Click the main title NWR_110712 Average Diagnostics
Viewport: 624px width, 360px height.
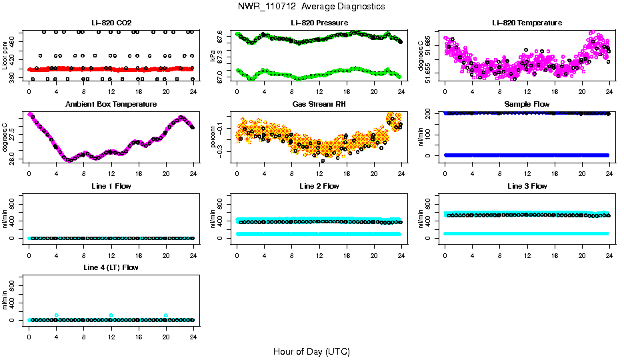[x=311, y=7]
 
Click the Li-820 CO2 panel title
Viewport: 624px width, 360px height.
[x=111, y=23]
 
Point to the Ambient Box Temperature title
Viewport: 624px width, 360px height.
[x=111, y=105]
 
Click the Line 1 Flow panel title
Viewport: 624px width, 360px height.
[x=111, y=186]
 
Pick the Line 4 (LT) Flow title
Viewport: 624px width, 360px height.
[x=111, y=267]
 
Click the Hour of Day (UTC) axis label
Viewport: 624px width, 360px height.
[x=311, y=351]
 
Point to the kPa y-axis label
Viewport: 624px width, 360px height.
[x=213, y=57]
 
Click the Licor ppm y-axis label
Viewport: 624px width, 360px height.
[x=5, y=57]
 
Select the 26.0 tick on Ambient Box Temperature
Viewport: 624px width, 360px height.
[x=13, y=157]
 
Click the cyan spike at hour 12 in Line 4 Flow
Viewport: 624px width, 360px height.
[x=111, y=315]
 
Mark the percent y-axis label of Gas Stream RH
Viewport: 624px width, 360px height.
[x=213, y=138]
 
